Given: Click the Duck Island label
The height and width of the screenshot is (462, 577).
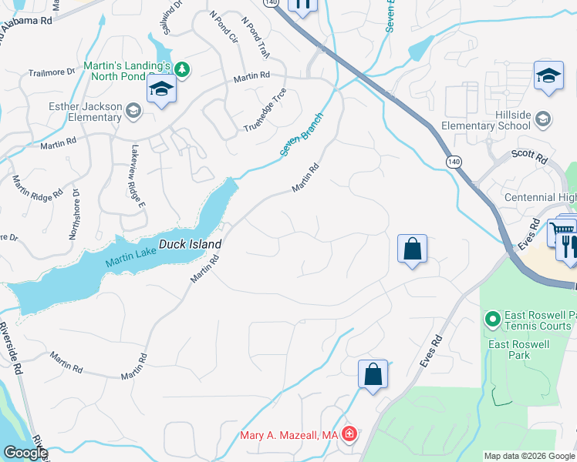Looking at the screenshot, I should [190, 244].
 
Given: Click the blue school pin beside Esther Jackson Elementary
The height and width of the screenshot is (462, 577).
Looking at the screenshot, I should [162, 89].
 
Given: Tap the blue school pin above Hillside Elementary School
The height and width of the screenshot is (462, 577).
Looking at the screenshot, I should [548, 75].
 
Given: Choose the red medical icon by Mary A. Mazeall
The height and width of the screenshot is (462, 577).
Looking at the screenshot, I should [350, 435].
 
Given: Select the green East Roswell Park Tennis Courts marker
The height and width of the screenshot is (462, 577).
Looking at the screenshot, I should [491, 318].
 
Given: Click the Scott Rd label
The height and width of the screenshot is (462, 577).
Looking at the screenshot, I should [530, 156].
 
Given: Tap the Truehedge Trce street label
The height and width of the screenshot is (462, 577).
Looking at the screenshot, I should [265, 117].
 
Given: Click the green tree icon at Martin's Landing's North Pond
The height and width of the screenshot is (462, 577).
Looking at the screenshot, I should [181, 70].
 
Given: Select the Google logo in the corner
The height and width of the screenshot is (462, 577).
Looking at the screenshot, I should [25, 453].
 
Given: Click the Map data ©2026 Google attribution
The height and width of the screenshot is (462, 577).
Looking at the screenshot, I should [528, 456].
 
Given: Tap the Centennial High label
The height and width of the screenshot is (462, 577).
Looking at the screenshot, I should [540, 198].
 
